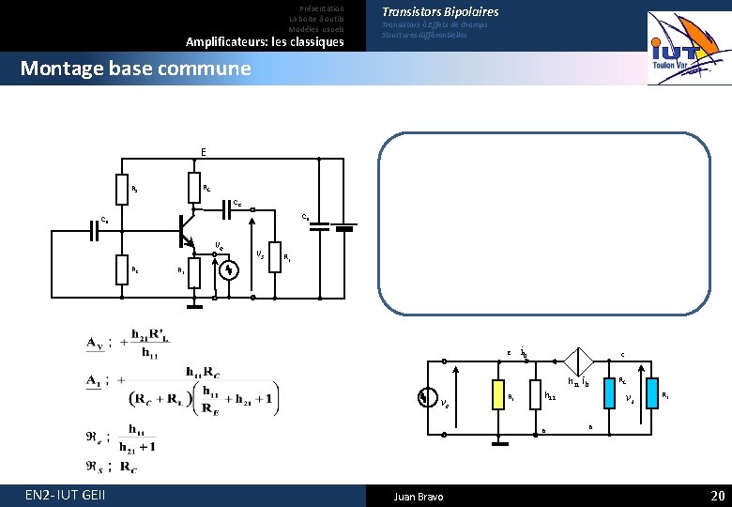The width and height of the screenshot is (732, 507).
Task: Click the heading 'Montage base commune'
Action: (x=135, y=69)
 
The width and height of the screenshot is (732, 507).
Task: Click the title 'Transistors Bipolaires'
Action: (x=440, y=12)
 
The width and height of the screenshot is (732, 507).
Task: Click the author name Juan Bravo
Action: (x=419, y=496)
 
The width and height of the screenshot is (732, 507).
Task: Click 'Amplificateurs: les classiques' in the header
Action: (x=265, y=42)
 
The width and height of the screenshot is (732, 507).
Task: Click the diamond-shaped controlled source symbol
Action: (x=580, y=361)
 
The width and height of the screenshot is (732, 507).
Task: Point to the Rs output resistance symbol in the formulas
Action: (x=96, y=466)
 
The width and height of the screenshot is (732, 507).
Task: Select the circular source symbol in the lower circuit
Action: (x=427, y=397)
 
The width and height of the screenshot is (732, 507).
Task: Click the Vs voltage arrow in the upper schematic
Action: (x=253, y=253)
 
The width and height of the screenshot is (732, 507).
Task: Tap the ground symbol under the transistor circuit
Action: (x=193, y=303)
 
